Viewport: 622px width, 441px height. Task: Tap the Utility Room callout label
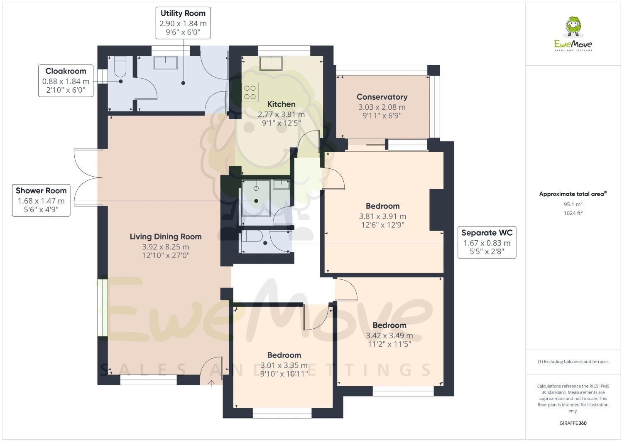183,23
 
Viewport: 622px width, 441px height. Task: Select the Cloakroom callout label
66,81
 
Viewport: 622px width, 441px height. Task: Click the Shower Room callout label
41,200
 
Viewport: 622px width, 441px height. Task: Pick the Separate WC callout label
487,243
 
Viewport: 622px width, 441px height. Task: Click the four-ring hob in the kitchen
250,92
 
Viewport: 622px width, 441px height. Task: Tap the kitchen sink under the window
271,63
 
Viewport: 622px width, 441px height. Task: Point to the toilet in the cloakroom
120,67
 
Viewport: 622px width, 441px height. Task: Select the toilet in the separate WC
252,237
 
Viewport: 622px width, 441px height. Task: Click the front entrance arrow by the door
211,383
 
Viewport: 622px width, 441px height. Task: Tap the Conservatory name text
382,97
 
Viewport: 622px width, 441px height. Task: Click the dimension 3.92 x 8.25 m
165,247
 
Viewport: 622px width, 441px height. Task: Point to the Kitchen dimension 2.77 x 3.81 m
281,114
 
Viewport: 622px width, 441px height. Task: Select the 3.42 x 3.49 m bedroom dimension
389,335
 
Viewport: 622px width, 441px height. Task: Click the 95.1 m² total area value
573,204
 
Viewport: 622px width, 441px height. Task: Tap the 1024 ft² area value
573,213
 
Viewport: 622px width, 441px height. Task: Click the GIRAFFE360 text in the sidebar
573,423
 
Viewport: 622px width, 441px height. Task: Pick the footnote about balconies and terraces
573,362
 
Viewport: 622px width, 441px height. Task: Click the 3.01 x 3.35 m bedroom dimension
284,365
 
